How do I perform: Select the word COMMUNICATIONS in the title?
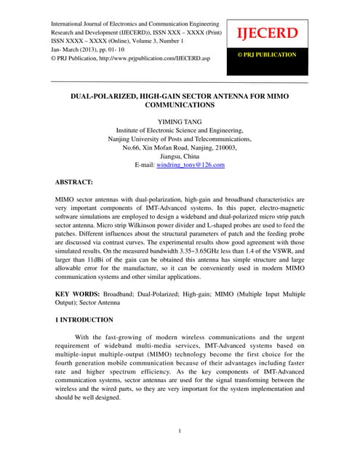click(180, 105)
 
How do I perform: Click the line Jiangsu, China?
click(180, 155)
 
